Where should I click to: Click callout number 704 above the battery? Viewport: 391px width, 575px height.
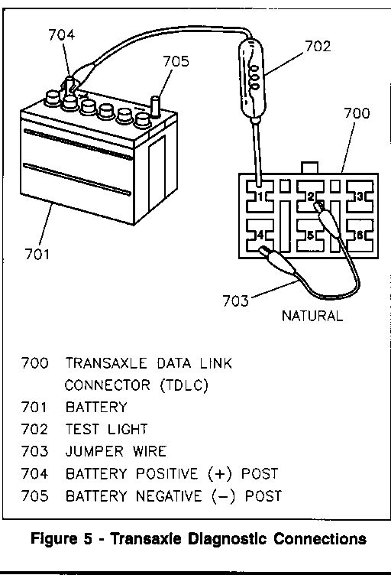click(x=62, y=35)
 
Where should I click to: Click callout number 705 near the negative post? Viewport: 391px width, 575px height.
click(x=176, y=61)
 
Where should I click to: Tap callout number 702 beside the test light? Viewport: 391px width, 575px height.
click(x=318, y=46)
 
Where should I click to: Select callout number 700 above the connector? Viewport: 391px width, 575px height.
click(x=357, y=113)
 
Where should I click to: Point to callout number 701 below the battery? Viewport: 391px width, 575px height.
click(x=37, y=254)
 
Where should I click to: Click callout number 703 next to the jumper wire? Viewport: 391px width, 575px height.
click(x=235, y=300)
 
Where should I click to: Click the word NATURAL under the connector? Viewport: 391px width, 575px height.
click(x=312, y=316)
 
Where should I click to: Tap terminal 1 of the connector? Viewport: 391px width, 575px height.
click(x=260, y=197)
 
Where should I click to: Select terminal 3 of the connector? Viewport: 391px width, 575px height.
click(x=360, y=197)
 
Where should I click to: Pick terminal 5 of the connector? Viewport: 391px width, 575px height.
click(x=310, y=235)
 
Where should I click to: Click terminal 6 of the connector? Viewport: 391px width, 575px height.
click(x=360, y=235)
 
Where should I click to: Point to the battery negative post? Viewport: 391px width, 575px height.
click(x=156, y=106)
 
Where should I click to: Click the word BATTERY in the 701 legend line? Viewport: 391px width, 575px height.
click(x=96, y=407)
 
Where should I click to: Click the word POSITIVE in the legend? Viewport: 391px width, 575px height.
click(x=166, y=473)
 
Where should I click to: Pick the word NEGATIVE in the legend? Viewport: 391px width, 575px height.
click(x=169, y=495)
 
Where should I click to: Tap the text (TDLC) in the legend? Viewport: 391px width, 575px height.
click(x=184, y=385)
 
